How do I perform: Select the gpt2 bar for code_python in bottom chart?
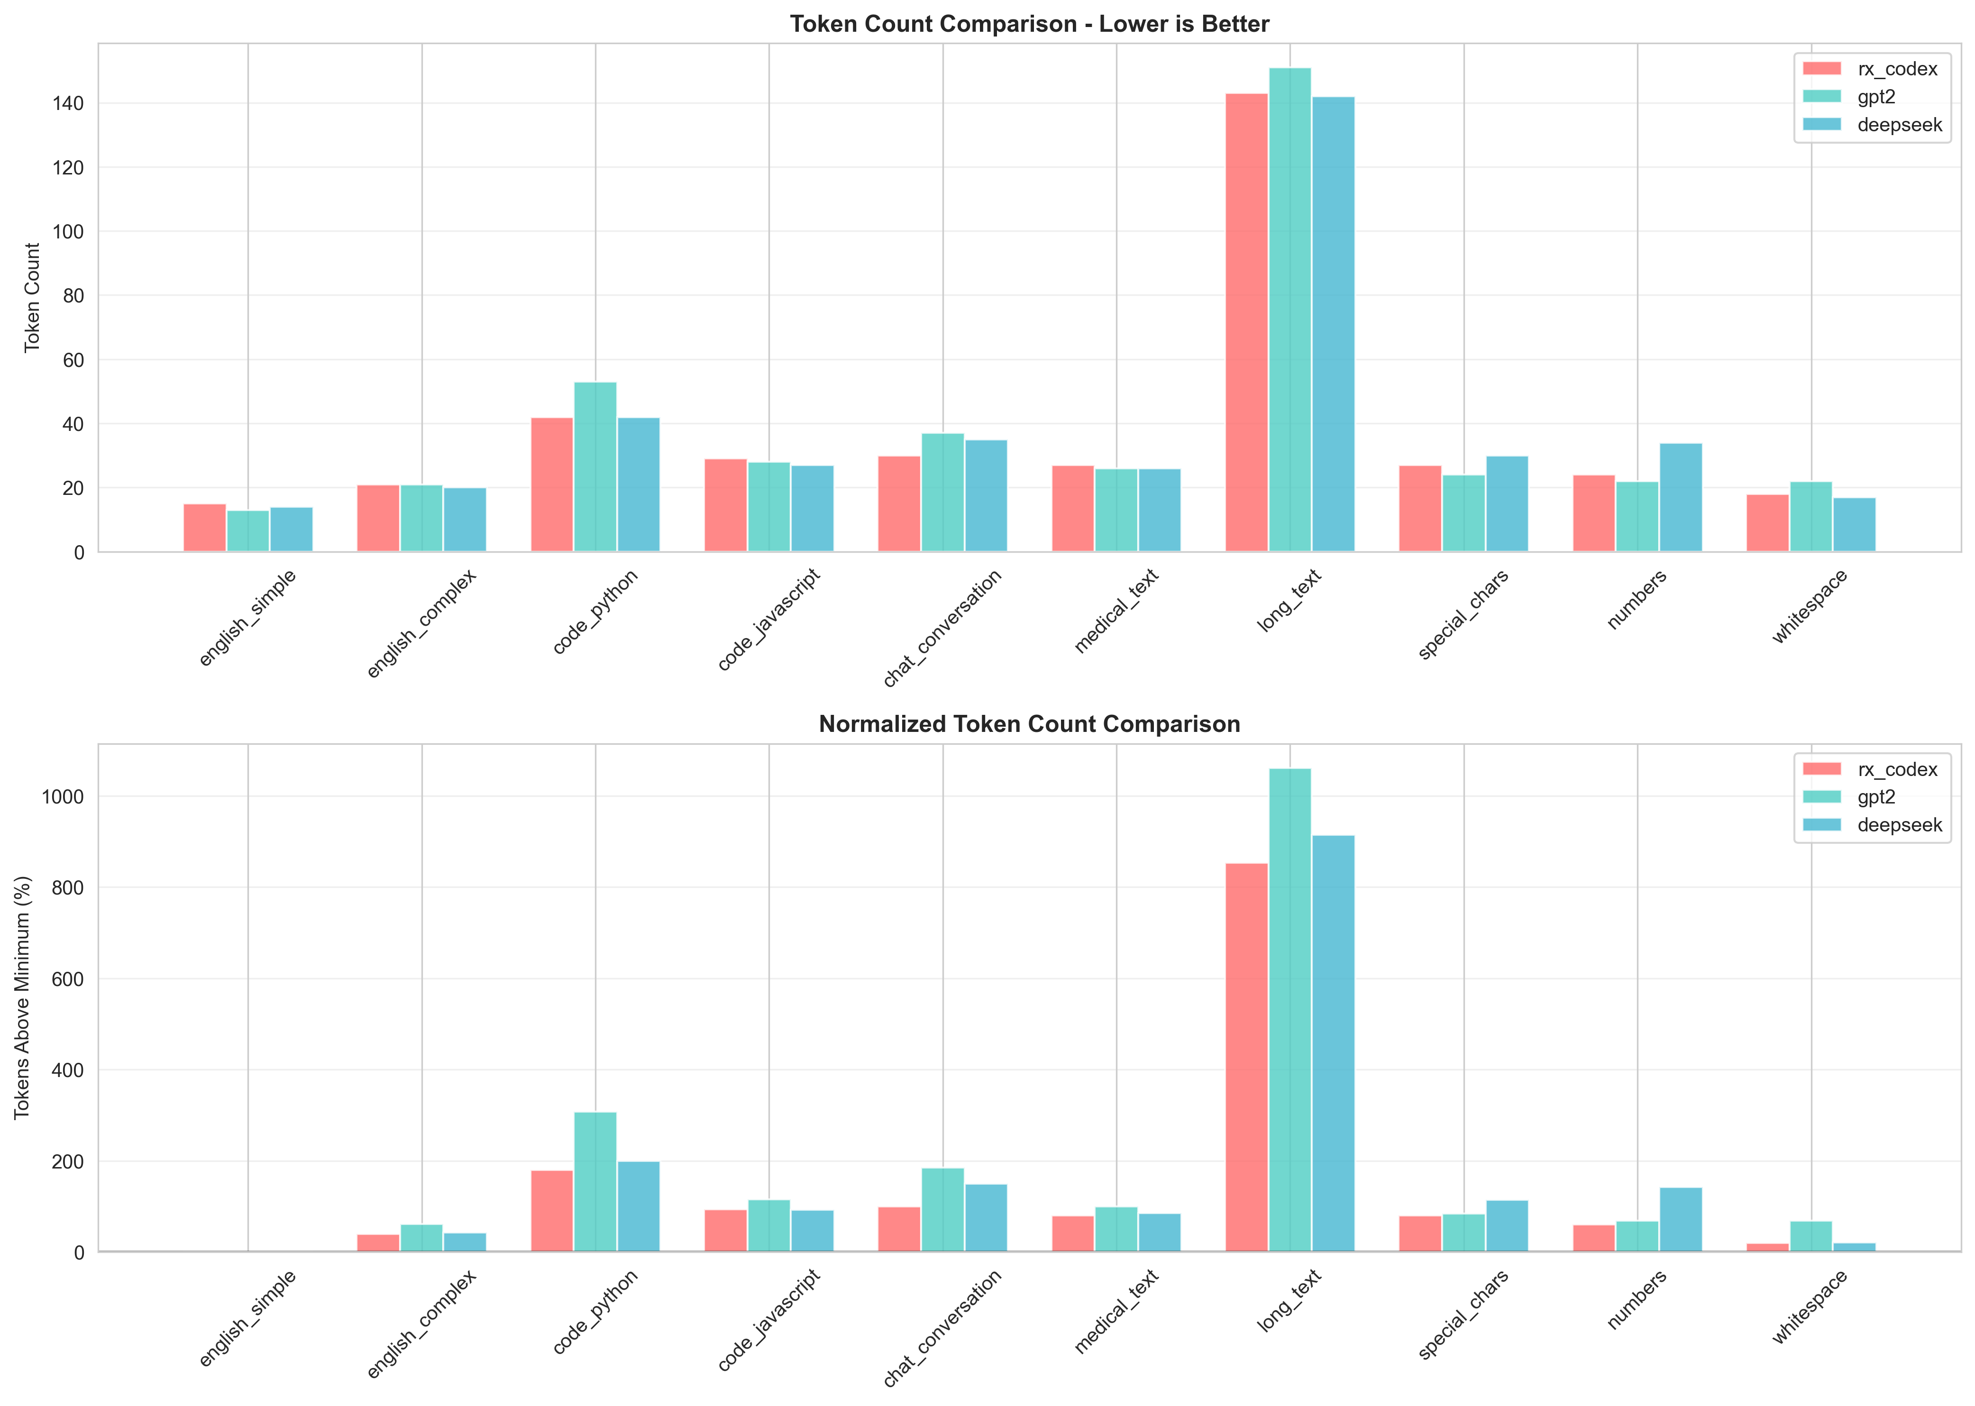pyautogui.click(x=595, y=1182)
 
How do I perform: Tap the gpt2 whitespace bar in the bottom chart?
pyautogui.click(x=1810, y=1236)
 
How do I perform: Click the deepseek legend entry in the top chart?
pyautogui.click(x=1899, y=125)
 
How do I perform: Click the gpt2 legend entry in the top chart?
pyautogui.click(x=1875, y=97)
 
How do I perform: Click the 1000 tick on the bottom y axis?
pyautogui.click(x=63, y=796)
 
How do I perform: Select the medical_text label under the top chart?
pyautogui.click(x=1117, y=611)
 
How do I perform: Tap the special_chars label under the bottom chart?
pyautogui.click(x=1464, y=1314)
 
